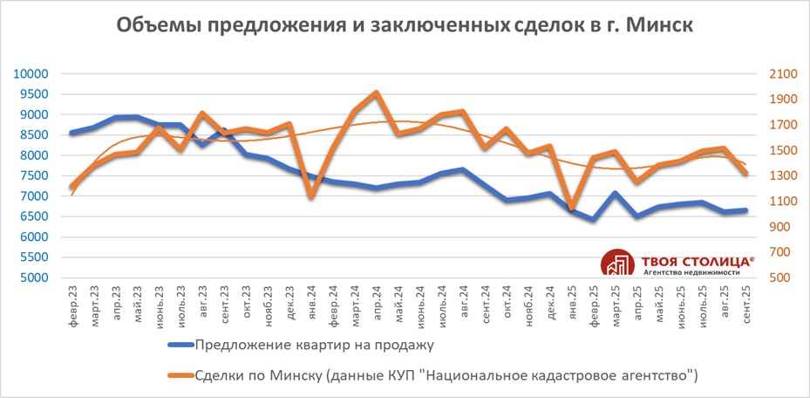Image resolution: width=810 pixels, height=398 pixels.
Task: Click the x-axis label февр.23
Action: [x=72, y=302]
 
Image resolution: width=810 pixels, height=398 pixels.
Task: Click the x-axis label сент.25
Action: [x=745, y=302]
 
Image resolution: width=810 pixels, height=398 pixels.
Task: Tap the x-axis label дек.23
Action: [x=289, y=301]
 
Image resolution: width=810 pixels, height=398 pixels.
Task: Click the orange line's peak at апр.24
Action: [x=376, y=93]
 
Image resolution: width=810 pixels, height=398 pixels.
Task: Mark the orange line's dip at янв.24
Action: [x=311, y=196]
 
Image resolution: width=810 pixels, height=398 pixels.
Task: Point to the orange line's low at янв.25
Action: [x=571, y=207]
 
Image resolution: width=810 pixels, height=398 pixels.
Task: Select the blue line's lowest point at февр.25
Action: [x=594, y=220]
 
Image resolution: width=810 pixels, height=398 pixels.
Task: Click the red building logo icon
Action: [x=618, y=264]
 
